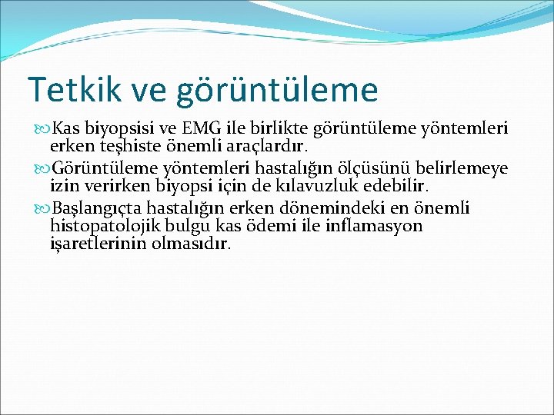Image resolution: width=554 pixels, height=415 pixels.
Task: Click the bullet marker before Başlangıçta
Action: [43, 208]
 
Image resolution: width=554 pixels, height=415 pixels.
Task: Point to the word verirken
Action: [108, 185]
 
